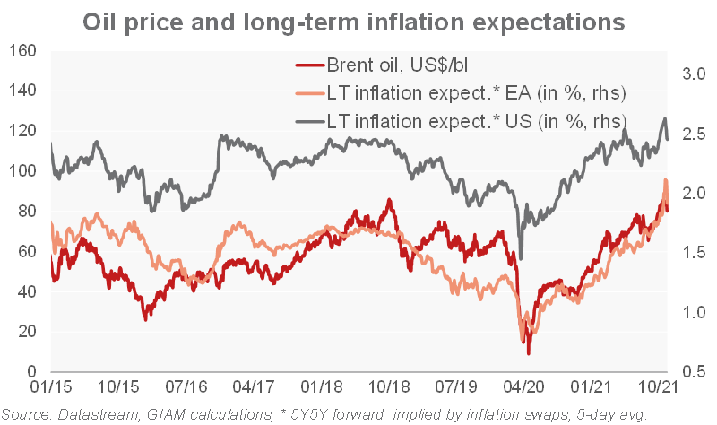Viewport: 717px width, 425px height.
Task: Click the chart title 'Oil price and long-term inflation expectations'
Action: tap(358, 21)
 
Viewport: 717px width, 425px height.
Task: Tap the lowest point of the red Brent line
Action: tap(529, 352)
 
